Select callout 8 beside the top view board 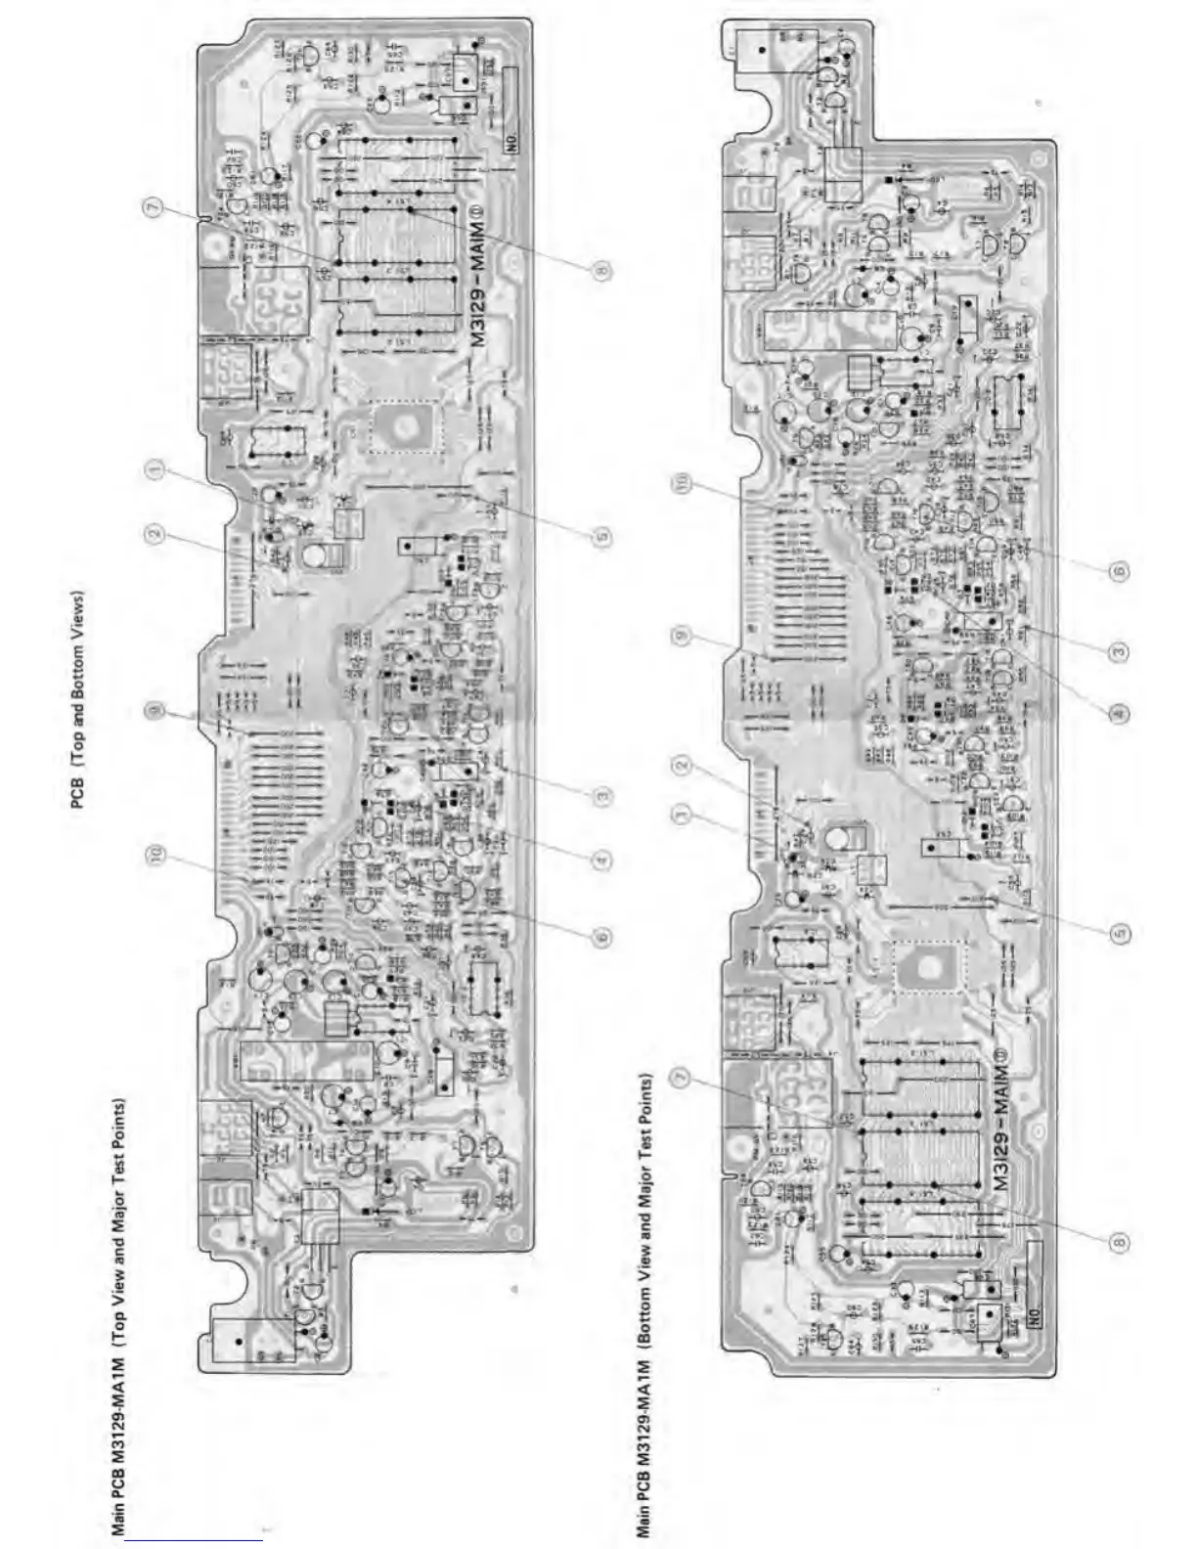pos(602,270)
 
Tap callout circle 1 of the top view pos(155,470)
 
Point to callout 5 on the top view pos(602,535)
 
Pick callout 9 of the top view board pos(155,710)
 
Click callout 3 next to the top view pos(602,795)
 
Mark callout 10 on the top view pos(155,857)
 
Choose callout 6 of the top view pos(602,936)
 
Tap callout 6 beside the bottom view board pos(1121,570)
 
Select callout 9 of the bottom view pos(682,636)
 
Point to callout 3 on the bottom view pos(1121,650)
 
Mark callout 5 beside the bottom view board pos(1121,932)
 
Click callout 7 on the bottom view pos(682,1077)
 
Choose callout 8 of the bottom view pos(1121,1241)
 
